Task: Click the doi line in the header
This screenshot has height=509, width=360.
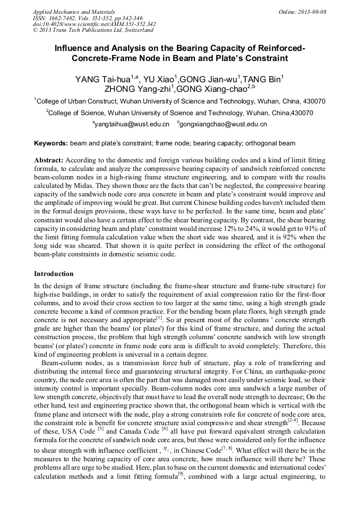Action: (x=94, y=24)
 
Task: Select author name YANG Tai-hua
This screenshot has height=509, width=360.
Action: (x=103, y=80)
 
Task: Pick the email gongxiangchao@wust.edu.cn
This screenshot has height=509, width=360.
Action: (x=223, y=124)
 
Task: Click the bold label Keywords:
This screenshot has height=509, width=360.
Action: (x=51, y=143)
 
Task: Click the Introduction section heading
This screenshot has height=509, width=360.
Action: (x=54, y=274)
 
